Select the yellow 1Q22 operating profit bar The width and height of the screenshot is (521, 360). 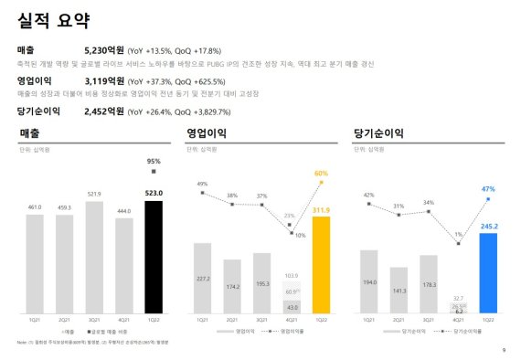point(321,265)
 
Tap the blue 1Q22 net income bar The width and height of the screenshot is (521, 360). point(488,273)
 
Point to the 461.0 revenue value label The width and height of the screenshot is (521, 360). point(34,207)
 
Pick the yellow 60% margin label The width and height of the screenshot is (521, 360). point(321,173)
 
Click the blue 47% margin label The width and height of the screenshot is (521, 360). point(488,189)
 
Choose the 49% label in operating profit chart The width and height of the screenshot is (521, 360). point(202,184)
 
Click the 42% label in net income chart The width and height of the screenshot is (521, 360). point(368,195)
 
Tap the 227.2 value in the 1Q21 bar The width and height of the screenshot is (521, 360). point(202,279)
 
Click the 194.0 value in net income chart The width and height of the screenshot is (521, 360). point(368,282)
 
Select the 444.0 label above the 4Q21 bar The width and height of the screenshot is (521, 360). point(123,210)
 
